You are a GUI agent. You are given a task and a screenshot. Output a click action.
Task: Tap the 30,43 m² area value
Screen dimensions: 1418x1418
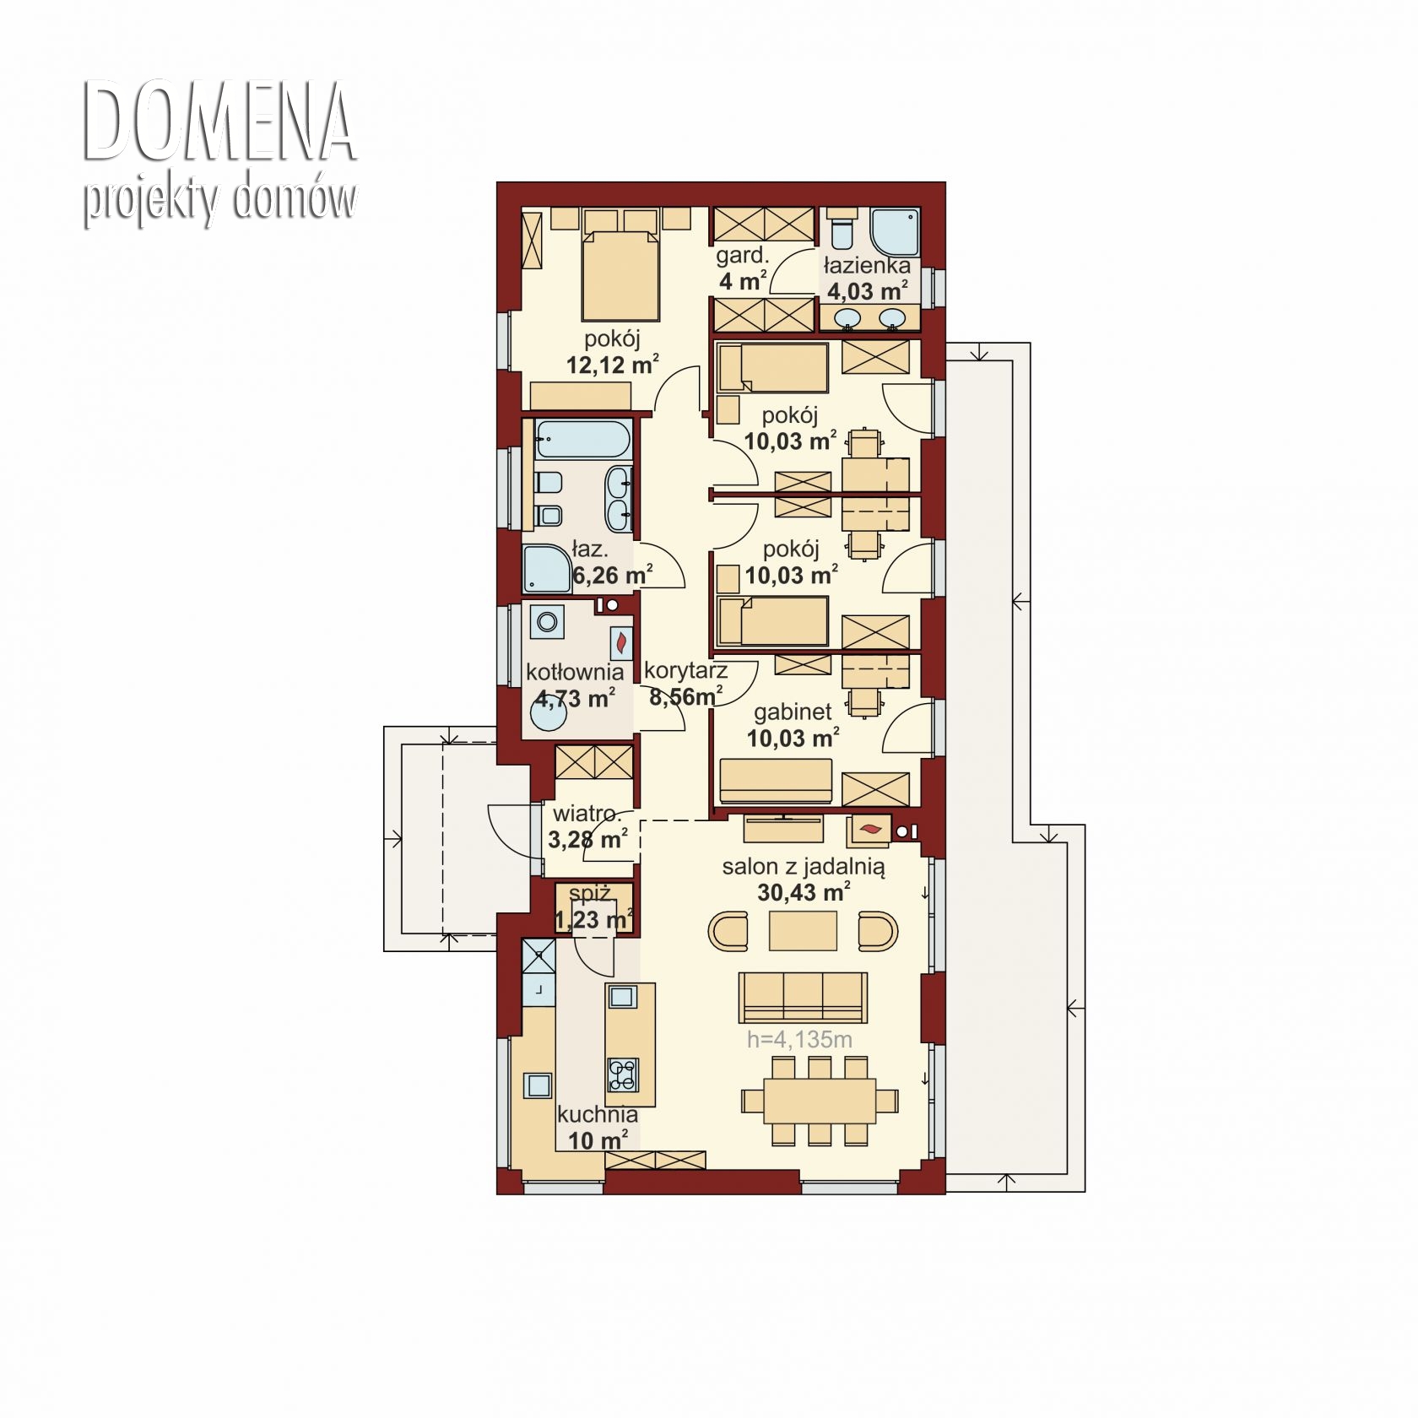click(804, 892)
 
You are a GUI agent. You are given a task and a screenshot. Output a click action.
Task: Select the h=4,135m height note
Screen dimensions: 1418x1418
click(799, 1039)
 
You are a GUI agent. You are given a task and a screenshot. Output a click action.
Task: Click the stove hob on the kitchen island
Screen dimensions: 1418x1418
click(623, 1074)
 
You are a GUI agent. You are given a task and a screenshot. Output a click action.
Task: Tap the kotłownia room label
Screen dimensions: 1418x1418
click(575, 672)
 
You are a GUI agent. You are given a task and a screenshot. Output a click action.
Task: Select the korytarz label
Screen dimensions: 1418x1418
click(685, 671)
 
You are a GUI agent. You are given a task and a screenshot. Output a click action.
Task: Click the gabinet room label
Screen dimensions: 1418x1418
click(793, 712)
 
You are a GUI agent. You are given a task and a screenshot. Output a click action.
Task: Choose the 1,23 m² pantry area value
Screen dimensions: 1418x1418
click(594, 919)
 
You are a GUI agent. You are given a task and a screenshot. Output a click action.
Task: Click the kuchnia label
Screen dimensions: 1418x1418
click(598, 1114)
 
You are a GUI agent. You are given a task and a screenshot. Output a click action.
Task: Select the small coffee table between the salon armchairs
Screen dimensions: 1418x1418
click(804, 931)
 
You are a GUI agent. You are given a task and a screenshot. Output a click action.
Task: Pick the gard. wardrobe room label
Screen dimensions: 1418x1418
click(742, 256)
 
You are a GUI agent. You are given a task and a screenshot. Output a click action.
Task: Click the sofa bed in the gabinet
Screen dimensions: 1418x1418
click(776, 781)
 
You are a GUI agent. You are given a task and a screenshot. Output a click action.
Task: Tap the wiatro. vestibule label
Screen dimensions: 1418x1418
click(587, 815)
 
